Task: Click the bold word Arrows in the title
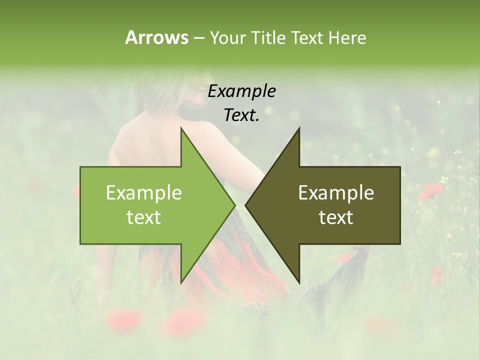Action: click(156, 37)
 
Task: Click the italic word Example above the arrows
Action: click(242, 91)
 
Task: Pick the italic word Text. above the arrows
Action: click(242, 115)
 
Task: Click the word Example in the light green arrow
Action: click(144, 193)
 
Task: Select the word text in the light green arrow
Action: click(144, 217)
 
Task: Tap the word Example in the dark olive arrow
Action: click(336, 193)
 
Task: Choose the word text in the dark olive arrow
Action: click(336, 217)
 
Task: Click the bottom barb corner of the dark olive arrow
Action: click(299, 282)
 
